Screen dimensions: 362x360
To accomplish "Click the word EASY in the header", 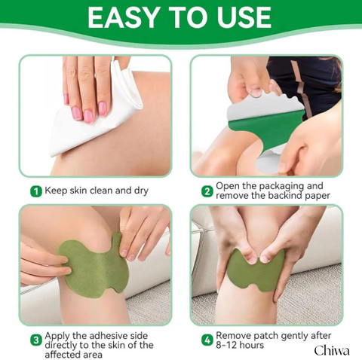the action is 123,17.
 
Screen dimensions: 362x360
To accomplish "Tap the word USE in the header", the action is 244,17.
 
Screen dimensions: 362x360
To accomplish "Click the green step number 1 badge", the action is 36,191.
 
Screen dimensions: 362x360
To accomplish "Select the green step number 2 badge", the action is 207,191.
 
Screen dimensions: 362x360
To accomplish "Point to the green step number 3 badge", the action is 36,340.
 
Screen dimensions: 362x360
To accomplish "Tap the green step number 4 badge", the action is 207,340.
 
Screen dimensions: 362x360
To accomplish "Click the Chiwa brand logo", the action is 332,350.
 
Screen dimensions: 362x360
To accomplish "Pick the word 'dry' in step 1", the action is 141,191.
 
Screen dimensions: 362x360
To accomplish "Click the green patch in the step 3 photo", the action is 94,264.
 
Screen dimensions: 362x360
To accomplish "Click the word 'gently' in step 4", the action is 289,336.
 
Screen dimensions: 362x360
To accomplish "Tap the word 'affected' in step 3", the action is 62,355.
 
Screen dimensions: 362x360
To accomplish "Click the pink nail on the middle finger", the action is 88,116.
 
